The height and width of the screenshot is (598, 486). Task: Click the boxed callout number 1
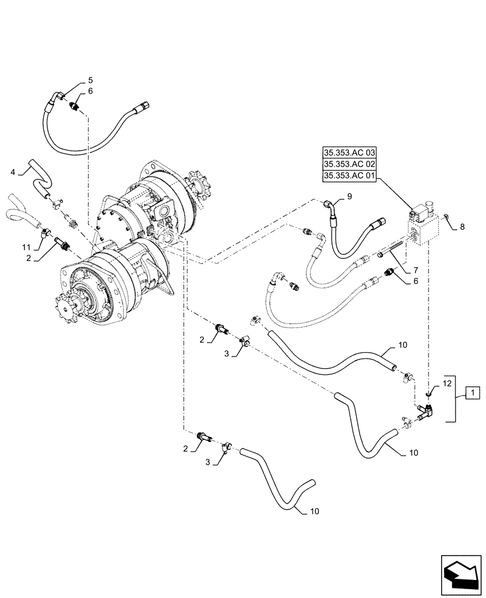point(472,392)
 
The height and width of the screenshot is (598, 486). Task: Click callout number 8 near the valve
point(461,227)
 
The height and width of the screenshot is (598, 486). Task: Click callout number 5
point(90,80)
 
